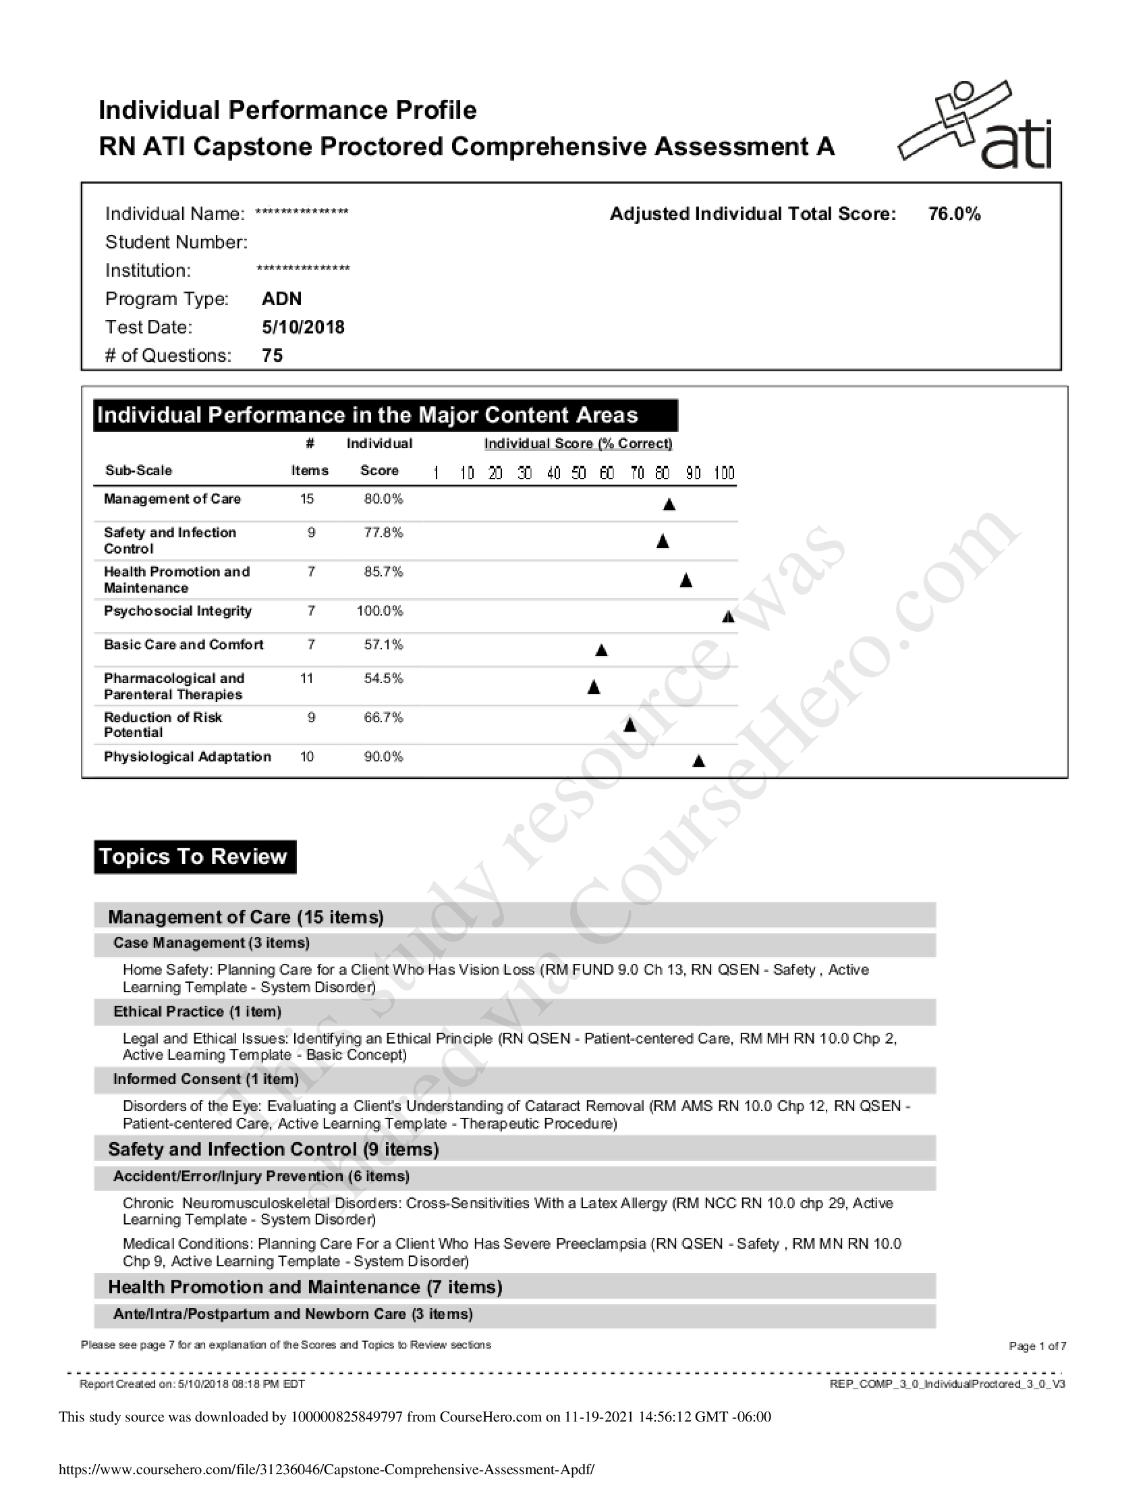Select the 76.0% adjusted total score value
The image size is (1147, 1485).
click(x=954, y=214)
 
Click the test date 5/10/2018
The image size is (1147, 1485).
click(x=303, y=328)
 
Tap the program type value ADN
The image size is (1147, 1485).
click(x=281, y=299)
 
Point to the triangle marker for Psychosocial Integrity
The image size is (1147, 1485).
click(x=728, y=617)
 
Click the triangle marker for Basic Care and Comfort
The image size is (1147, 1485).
click(x=600, y=651)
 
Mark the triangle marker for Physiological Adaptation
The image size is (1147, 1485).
click(x=698, y=761)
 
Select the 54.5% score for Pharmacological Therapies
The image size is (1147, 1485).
click(x=383, y=678)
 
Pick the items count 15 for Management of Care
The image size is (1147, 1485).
click(x=306, y=499)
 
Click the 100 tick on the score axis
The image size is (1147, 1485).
click(x=724, y=473)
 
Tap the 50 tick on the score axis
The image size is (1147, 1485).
click(x=578, y=473)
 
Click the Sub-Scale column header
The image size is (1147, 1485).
click(x=138, y=470)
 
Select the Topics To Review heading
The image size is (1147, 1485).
click(x=194, y=857)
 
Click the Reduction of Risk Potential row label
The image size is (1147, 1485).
click(x=163, y=725)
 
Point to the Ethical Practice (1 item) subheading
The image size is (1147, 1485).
click(x=197, y=1012)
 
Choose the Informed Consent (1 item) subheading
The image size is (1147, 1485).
click(x=206, y=1079)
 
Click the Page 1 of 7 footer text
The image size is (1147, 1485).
click(x=1037, y=1345)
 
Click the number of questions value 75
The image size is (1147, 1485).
click(x=272, y=356)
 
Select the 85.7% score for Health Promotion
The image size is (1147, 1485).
click(x=383, y=572)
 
